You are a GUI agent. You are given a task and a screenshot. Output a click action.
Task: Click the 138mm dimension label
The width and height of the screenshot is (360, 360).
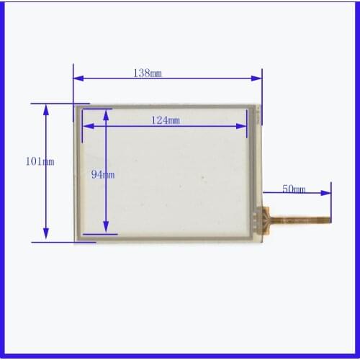147,73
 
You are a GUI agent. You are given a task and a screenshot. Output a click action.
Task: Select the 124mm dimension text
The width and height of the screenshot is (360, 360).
166,120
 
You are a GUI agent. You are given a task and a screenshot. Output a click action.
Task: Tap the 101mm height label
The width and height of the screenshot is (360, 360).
40,162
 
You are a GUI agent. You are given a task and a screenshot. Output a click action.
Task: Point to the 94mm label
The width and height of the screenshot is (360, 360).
102,174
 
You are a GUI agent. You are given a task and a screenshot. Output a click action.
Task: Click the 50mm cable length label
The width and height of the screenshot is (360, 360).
293,189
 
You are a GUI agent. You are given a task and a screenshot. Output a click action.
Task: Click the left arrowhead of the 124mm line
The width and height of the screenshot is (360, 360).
87,126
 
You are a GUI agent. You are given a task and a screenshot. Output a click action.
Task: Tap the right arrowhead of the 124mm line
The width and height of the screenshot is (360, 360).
245,126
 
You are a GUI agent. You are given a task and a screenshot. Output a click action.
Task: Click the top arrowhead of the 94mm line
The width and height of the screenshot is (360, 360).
106,114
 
